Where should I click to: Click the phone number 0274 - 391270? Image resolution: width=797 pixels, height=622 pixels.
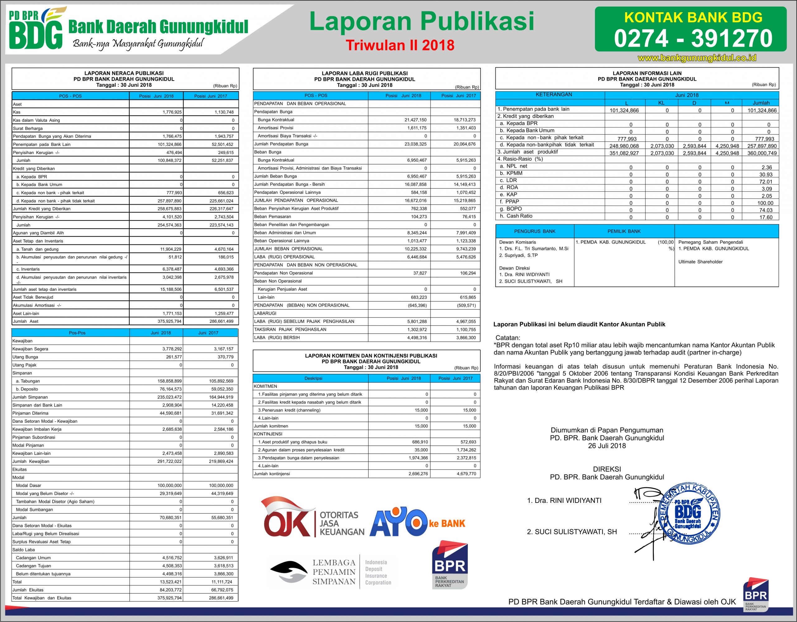(693, 39)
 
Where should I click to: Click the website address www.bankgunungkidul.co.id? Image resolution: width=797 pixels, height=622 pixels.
(697, 58)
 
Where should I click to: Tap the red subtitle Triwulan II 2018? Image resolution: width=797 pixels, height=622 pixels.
(400, 45)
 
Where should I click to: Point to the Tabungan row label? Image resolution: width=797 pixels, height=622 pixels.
(28, 381)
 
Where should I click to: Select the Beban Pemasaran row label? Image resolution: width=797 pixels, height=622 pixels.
(273, 216)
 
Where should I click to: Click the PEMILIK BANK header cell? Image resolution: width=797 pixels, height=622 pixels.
(624, 231)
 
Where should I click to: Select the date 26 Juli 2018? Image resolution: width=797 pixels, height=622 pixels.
(607, 446)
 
